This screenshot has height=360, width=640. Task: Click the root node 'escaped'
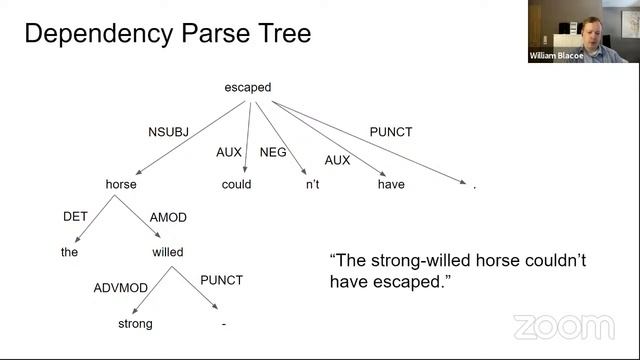click(x=247, y=88)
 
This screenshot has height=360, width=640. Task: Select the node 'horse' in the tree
click(x=121, y=184)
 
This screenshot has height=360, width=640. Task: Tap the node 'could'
click(x=236, y=184)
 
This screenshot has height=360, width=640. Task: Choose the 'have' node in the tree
click(x=391, y=184)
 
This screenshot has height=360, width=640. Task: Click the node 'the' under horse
click(x=69, y=252)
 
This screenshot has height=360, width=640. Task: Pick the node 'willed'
click(x=167, y=252)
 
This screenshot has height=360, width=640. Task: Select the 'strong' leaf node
click(x=135, y=324)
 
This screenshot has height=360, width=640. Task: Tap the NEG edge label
click(x=273, y=152)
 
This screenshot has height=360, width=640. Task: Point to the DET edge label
click(x=76, y=217)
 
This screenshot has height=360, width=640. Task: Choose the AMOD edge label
click(x=168, y=217)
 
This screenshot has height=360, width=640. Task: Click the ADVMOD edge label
click(x=121, y=288)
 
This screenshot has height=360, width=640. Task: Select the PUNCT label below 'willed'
click(x=222, y=280)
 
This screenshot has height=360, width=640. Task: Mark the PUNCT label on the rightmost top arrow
click(x=391, y=132)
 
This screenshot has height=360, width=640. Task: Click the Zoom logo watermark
click(x=563, y=327)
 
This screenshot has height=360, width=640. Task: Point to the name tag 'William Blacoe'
click(x=556, y=57)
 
